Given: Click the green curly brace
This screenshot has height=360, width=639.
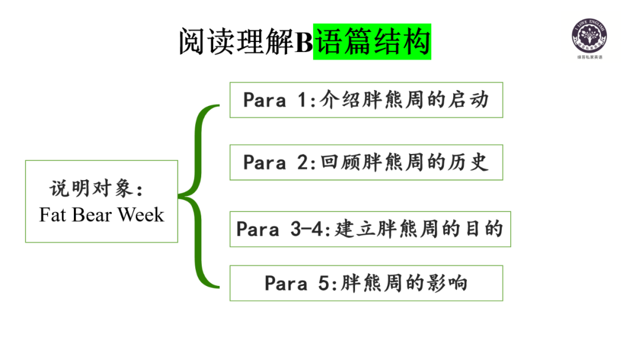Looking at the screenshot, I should point(200,197).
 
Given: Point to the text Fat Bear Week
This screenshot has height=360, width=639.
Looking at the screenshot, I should point(101,214).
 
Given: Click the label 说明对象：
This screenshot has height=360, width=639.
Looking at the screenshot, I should point(96,189).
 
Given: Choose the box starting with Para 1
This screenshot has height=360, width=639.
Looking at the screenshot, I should point(366,100).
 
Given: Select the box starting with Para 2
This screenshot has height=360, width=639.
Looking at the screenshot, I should point(366,162).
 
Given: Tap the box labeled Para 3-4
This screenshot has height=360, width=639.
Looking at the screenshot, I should point(370,229).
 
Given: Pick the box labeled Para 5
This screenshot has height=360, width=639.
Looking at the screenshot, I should point(366,283).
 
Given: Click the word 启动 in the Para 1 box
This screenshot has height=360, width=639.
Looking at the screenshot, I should point(473,100).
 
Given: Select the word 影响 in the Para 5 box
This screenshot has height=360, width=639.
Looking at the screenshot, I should point(451,283).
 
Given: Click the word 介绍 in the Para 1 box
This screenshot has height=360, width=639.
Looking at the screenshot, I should point(335,100).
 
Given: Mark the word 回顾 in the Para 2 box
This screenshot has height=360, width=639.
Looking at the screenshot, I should point(335,162).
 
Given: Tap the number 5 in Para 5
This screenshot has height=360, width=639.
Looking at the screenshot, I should point(323,284).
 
